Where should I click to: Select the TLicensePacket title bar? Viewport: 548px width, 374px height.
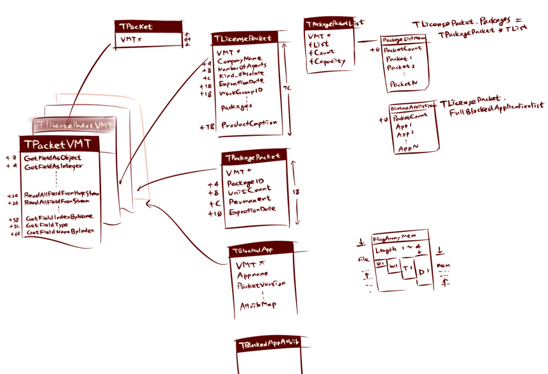(246, 39)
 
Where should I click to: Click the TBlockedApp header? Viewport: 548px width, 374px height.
(261, 249)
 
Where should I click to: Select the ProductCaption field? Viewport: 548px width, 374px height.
(249, 124)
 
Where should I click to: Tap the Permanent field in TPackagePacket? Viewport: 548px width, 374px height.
(250, 200)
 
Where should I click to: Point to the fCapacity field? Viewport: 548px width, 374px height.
(327, 62)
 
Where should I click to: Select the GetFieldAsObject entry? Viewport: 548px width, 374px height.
(54, 158)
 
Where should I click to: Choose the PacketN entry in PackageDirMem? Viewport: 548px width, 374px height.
(402, 83)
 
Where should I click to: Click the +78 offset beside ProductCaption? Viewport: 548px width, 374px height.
(207, 127)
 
